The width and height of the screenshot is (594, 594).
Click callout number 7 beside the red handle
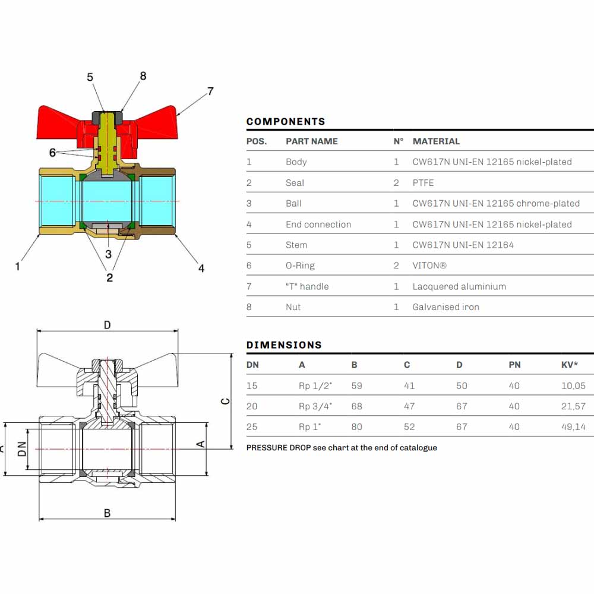[210, 91]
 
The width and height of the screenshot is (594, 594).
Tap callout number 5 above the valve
[90, 77]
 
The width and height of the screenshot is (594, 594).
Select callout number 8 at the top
[143, 76]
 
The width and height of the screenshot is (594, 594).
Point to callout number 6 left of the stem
[52, 153]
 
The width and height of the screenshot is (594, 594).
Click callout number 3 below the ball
[108, 254]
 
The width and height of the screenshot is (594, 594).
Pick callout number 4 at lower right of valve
[201, 268]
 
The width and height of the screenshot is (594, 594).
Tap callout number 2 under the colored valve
[109, 278]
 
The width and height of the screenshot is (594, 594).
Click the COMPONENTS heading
[286, 122]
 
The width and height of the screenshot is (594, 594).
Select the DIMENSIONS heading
[284, 345]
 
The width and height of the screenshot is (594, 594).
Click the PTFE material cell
[423, 183]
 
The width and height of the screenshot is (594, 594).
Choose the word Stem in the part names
[296, 245]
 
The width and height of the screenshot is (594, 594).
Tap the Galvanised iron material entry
[446, 307]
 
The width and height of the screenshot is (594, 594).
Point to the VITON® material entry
[429, 266]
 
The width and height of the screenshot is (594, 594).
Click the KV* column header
[570, 365]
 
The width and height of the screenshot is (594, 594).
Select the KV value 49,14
[573, 427]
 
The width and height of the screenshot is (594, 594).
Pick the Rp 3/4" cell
[315, 406]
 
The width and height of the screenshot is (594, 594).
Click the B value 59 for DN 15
[356, 386]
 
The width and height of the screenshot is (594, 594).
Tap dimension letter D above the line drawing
[107, 326]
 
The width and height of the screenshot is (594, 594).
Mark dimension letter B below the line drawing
[107, 513]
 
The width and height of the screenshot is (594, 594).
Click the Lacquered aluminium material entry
[459, 287]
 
